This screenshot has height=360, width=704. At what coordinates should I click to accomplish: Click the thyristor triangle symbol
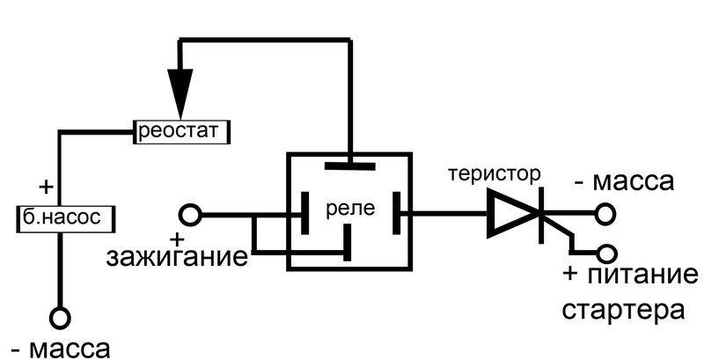coord(513,214)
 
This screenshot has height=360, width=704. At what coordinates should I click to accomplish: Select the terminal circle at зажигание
coord(189,214)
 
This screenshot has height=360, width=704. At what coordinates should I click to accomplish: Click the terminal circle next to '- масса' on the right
coord(604,214)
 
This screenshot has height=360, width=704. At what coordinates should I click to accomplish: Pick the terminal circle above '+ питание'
coord(604,251)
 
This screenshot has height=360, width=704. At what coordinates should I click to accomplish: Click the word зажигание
coord(177,259)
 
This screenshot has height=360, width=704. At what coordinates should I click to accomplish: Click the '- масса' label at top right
coord(624,182)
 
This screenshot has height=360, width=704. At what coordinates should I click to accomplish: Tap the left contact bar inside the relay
coord(304,213)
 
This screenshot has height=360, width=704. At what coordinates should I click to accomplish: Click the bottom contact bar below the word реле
coord(348,243)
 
